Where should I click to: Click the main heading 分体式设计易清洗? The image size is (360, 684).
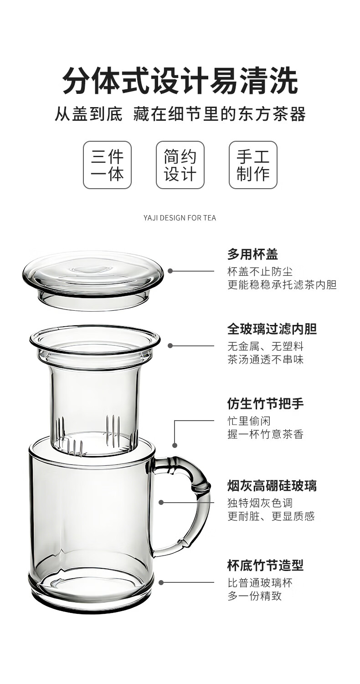click(180, 81)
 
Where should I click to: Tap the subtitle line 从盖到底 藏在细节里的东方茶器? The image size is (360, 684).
click(180, 114)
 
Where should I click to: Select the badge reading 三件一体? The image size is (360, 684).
click(107, 165)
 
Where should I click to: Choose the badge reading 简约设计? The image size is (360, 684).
click(180, 165)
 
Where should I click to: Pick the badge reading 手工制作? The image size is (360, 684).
click(253, 165)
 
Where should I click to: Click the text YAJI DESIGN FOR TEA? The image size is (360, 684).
click(180, 218)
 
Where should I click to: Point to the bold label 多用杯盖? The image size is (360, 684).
click(252, 254)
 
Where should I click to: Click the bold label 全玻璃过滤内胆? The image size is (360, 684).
click(272, 329)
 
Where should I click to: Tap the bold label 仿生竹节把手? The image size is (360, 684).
click(265, 404)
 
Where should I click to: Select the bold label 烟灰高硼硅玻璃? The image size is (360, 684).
click(272, 486)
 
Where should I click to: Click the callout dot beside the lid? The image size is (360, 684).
click(170, 271)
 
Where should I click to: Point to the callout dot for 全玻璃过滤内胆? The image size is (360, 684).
click(170, 346)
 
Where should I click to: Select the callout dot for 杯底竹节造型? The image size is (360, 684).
click(161, 583)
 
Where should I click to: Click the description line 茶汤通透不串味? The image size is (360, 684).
click(265, 360)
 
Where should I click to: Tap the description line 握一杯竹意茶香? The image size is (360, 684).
click(265, 434)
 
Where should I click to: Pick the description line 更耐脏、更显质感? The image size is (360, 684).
click(271, 516)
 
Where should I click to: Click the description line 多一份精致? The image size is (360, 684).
click(254, 596)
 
